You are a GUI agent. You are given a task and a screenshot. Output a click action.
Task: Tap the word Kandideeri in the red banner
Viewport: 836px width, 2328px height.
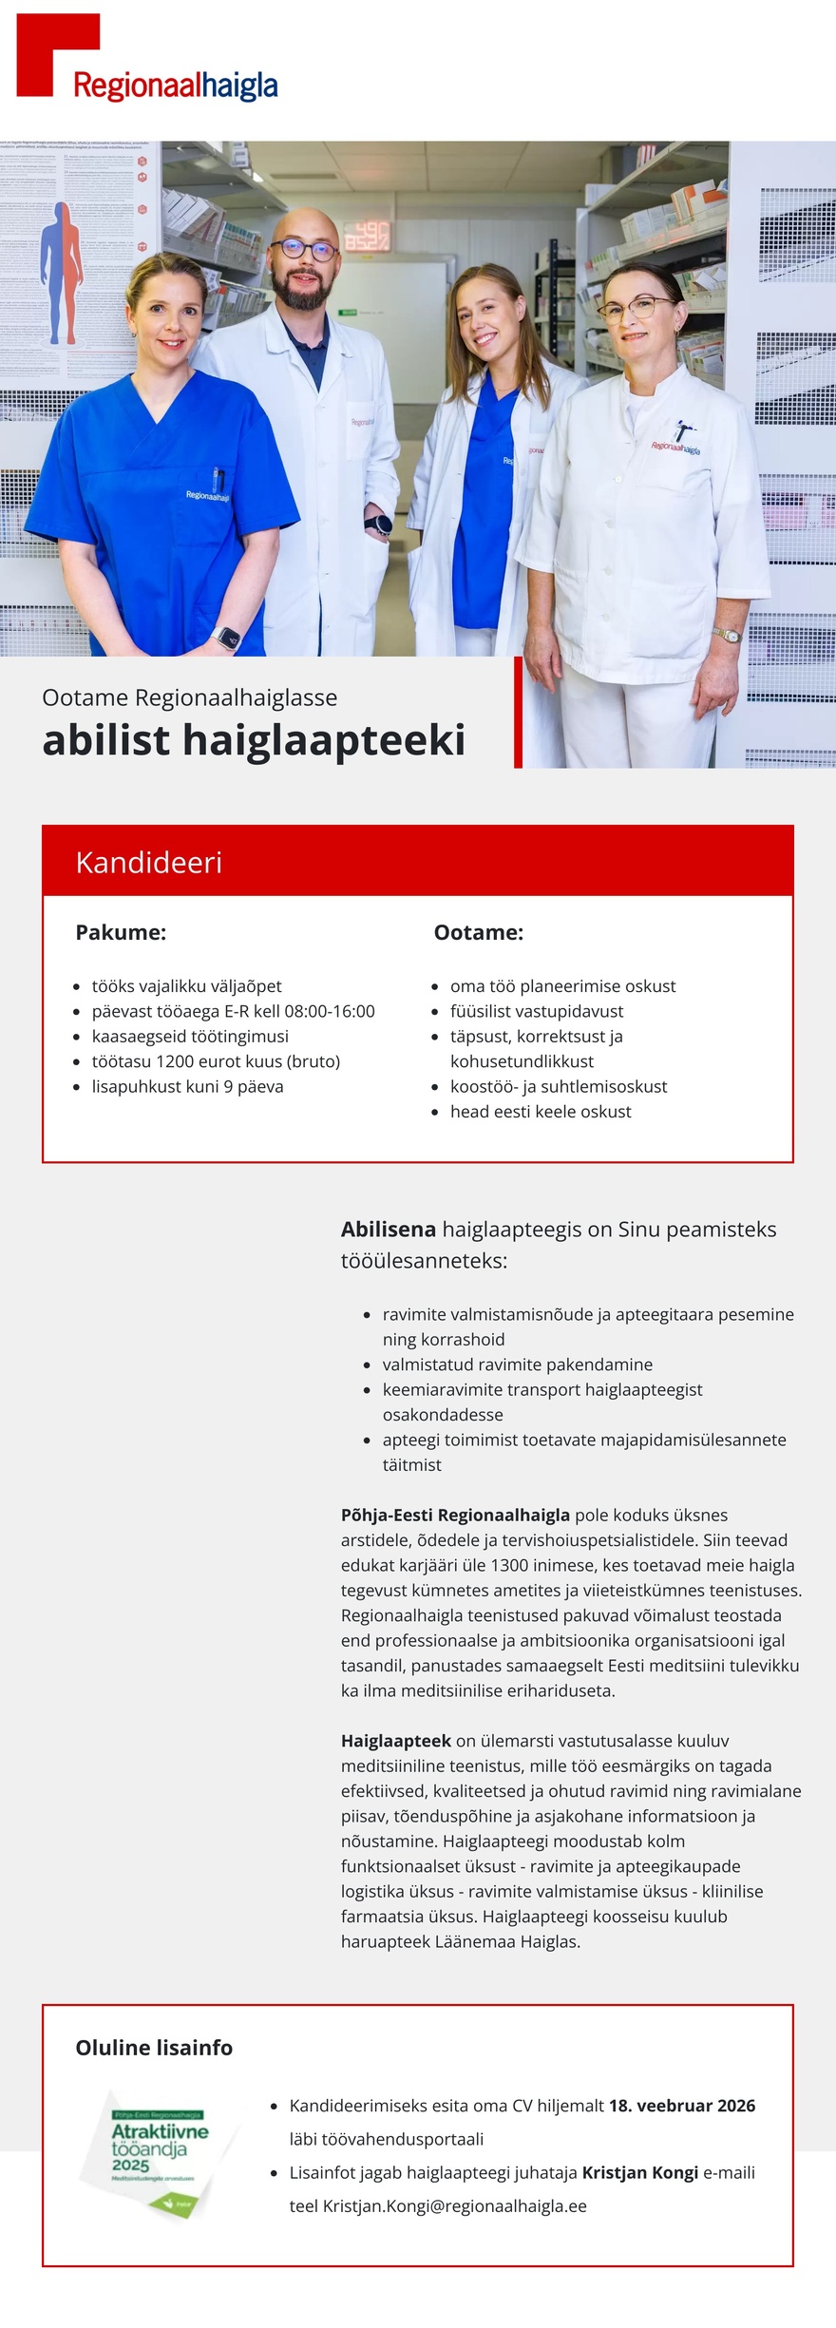coord(148,862)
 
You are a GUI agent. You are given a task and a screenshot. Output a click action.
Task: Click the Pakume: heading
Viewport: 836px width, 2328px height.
coord(121,932)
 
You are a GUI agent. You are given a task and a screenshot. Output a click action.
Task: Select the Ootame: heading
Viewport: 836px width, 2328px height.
coord(478,932)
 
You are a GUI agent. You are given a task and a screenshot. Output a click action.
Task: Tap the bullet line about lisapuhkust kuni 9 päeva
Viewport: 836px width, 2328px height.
coord(187,1086)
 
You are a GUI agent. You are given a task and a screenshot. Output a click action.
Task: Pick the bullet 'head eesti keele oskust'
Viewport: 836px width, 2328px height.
coord(540,1111)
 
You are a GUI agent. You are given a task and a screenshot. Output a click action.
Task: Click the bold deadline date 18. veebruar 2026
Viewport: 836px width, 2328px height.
coord(681,2105)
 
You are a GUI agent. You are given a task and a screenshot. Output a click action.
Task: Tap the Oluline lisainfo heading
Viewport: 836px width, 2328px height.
coord(154,2047)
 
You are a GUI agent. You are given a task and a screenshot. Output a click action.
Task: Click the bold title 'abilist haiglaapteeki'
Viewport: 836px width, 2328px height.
coord(254,740)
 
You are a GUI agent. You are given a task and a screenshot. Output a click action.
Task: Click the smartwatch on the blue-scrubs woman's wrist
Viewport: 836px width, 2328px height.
coord(228,638)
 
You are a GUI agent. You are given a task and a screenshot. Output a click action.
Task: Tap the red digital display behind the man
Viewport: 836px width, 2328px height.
coord(366,236)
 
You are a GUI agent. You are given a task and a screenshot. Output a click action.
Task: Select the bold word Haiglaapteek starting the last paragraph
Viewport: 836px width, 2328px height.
coord(395,1741)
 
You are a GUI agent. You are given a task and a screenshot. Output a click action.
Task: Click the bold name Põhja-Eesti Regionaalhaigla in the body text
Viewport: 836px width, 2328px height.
coord(455,1515)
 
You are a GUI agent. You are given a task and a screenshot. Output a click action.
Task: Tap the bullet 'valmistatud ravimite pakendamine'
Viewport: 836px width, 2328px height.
coord(517,1364)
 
